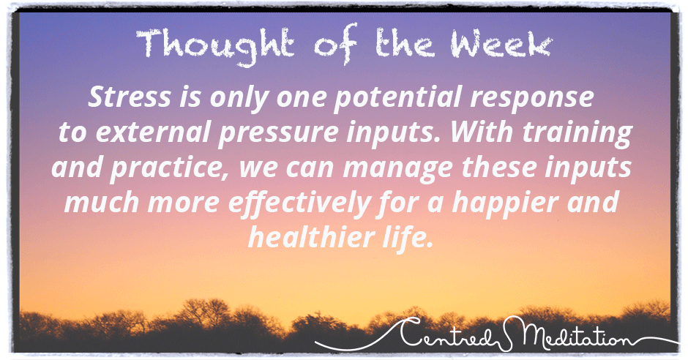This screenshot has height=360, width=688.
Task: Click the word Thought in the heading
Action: pyautogui.click(x=215, y=45)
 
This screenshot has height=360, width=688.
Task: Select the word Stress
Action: pyautogui.click(x=130, y=97)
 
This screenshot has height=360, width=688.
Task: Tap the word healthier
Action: pyautogui.click(x=305, y=237)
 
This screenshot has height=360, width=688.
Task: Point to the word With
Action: pyautogui.click(x=480, y=132)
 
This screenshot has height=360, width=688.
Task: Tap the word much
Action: pyautogui.click(x=101, y=202)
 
